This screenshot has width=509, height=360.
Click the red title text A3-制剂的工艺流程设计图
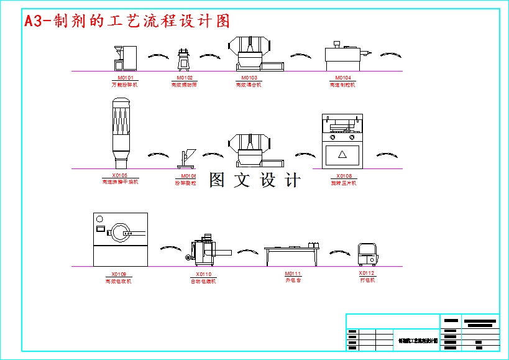(127, 22)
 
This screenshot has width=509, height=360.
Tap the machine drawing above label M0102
(184, 60)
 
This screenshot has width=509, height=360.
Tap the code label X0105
(120, 175)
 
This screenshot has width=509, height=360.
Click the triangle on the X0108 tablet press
(341, 154)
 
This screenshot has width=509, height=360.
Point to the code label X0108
(344, 176)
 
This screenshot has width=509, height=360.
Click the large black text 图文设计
(255, 180)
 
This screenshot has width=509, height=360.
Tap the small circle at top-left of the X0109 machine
(99, 218)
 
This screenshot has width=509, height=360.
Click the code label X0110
(203, 274)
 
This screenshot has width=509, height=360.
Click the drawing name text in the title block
(418, 341)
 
